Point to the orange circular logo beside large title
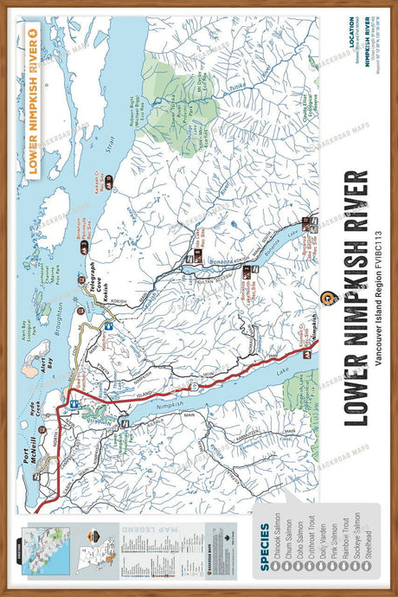[330, 298]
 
